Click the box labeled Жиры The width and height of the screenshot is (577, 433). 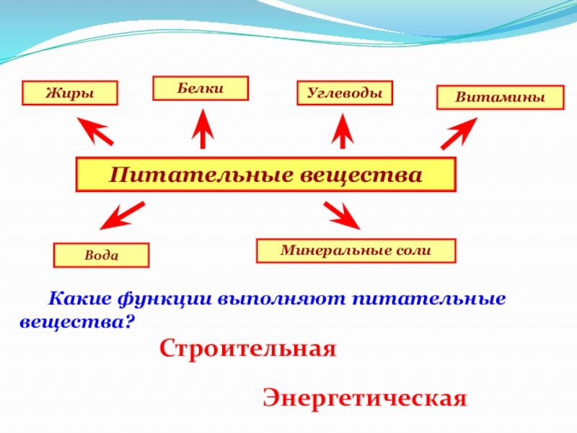tap(71, 93)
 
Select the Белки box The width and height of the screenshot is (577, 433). tap(201, 88)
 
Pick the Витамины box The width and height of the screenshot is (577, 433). tap(500, 97)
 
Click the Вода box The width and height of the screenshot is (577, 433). tap(101, 255)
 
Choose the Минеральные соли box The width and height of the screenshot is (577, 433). tap(356, 250)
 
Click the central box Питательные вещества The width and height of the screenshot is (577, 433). tap(266, 175)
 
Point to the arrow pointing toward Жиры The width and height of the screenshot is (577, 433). tap(95, 133)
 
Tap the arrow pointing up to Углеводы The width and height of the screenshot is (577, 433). tap(342, 131)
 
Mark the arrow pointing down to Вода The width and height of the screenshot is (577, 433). tap(120, 216)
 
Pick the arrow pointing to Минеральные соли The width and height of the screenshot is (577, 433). tap(343, 215)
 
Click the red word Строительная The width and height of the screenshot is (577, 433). tap(248, 350)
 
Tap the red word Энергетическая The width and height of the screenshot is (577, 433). tap(365, 398)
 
